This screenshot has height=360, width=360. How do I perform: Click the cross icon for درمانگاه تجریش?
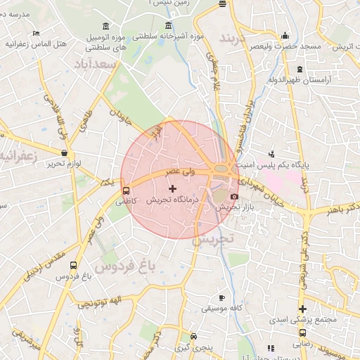tap(173, 188)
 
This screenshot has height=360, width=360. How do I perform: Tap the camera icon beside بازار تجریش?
tap(234, 196)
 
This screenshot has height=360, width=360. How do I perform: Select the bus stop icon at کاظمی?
tap(126, 190)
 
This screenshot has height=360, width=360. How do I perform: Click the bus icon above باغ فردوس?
tap(74, 265)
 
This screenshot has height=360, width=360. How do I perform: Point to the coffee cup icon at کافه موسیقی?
tap(222, 297)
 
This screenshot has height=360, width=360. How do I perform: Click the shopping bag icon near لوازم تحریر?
tap(64, 153)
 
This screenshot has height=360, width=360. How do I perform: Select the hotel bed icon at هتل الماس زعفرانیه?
tap(36, 33)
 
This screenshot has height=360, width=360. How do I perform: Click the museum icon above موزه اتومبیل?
tap(105, 27)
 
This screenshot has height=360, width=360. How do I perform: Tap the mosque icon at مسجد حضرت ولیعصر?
tap(284, 36)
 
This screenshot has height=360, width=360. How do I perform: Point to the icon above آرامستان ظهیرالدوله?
tap(300, 69)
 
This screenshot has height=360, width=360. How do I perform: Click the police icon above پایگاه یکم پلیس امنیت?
tap(271, 153)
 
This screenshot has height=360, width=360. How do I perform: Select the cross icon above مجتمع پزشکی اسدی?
tap(302, 309)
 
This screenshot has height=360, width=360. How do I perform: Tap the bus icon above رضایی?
tap(301, 333)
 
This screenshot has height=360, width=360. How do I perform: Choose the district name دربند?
tap(235, 37)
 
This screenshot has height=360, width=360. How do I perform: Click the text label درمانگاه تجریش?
tap(174, 200)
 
